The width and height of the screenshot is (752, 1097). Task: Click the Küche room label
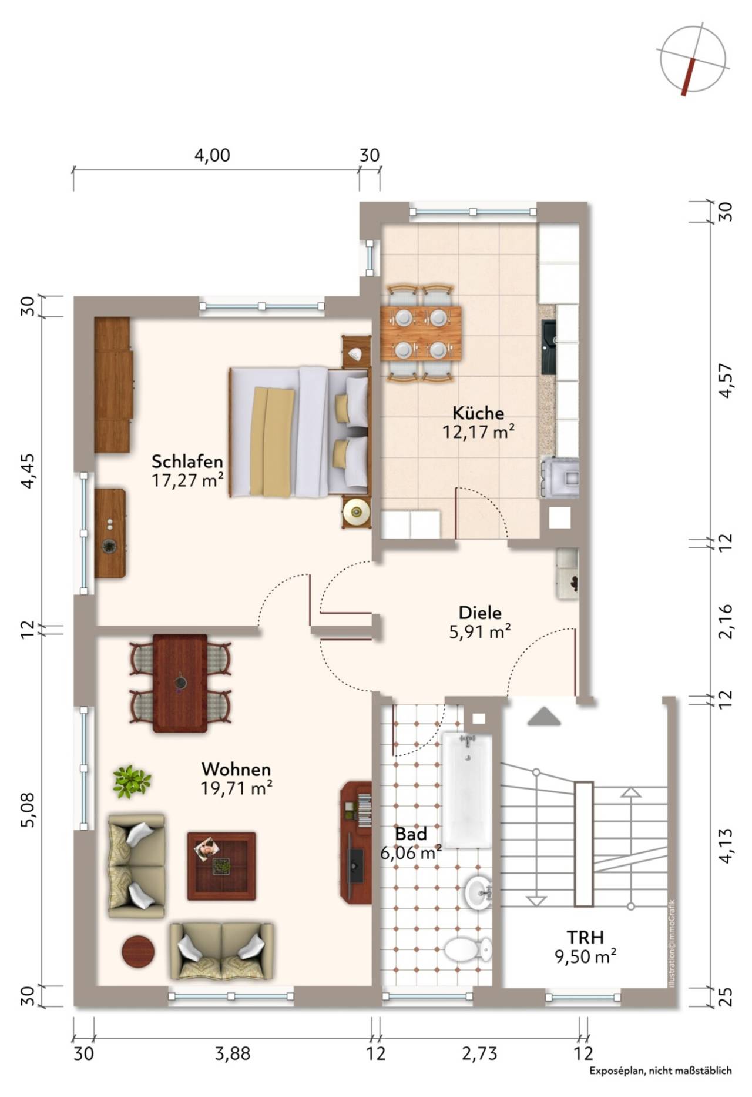coord(478,413)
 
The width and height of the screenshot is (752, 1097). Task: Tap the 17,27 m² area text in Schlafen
coord(187,480)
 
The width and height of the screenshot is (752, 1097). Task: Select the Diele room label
coord(480,613)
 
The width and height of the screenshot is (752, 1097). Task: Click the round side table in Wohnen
coord(139,951)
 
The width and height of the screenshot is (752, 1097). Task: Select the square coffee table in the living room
coord(221,866)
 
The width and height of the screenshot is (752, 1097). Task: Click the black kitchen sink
coord(549,347)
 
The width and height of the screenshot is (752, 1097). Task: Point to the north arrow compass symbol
coord(693,61)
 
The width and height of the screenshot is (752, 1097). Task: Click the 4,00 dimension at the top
coord(212,155)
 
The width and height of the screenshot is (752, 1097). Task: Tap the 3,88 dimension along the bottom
coord(233,1053)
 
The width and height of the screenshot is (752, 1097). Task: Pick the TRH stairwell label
coord(585,937)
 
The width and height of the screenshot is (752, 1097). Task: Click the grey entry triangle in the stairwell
coord(543,716)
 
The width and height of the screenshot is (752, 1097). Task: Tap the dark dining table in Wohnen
coord(180,683)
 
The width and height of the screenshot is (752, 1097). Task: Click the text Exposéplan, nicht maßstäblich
coord(661,1071)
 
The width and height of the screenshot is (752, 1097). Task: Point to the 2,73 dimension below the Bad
coord(479,1053)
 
